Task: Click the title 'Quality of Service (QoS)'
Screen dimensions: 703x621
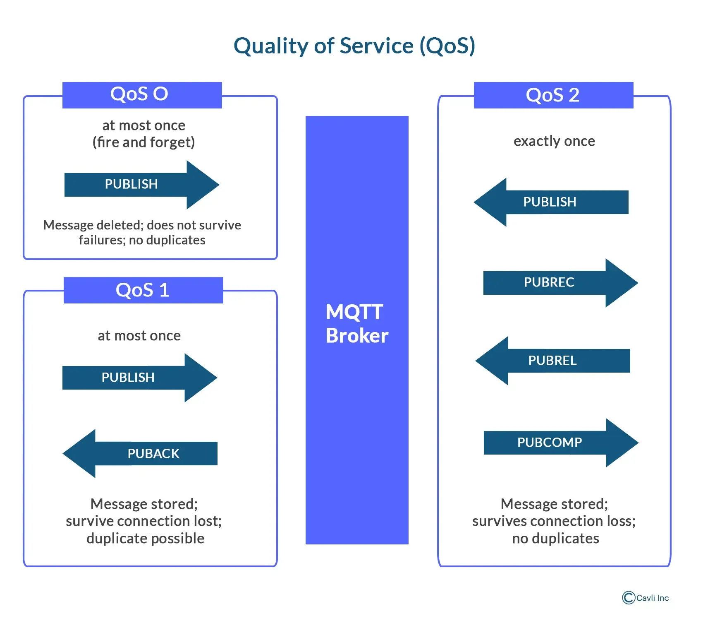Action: point(354,46)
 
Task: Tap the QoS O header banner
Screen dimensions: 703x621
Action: point(142,95)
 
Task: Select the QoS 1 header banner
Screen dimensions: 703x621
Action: point(143,290)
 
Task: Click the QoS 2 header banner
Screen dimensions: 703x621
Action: point(553,95)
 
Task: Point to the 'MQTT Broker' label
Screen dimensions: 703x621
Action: point(357,324)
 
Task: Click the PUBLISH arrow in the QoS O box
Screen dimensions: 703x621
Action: point(142,185)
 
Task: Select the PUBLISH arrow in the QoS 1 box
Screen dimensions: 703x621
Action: point(140,378)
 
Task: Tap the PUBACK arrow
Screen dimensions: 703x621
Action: point(140,453)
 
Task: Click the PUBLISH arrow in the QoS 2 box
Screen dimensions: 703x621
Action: point(551,202)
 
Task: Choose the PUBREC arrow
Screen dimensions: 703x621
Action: point(561,283)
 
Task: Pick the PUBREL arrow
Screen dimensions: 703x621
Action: point(552,361)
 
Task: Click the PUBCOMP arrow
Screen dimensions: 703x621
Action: point(561,443)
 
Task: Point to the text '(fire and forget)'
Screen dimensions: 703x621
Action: point(143,142)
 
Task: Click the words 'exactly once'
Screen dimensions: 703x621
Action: point(554,141)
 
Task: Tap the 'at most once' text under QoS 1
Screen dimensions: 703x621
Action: point(139,335)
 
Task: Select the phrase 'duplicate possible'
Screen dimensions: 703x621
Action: point(145,538)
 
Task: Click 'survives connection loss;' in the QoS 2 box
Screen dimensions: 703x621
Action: point(554,521)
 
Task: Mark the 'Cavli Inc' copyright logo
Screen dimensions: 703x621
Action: point(646,598)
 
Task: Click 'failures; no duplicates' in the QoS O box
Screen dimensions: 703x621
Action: point(142,240)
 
